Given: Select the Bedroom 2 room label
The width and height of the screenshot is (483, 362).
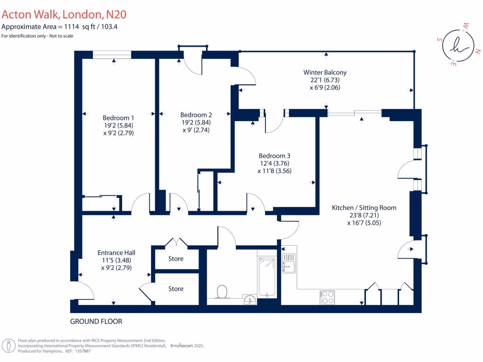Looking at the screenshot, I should tap(196, 115).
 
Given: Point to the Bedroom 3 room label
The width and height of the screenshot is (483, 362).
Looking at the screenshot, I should tap(275, 156).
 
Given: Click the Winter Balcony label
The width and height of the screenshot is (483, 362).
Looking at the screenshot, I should tap(325, 72).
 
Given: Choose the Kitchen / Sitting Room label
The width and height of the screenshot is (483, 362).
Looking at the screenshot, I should tap(364, 207).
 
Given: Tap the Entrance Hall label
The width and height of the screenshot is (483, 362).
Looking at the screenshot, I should tap(116, 252).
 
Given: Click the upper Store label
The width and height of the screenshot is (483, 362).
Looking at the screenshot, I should tap(176, 259).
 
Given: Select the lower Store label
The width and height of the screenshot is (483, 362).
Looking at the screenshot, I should tap(176, 288).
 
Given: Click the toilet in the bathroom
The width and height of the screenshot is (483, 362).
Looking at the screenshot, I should tap(220, 292).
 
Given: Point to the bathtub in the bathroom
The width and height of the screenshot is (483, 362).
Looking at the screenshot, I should tap(266, 277).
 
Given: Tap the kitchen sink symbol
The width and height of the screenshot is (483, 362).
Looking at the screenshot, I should tap(288, 263).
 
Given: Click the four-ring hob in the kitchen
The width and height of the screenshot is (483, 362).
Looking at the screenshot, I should tap(327, 297).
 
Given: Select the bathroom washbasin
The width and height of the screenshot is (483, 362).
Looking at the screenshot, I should tap(250, 298).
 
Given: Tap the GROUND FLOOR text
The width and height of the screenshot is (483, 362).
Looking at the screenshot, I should tap(96, 321).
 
